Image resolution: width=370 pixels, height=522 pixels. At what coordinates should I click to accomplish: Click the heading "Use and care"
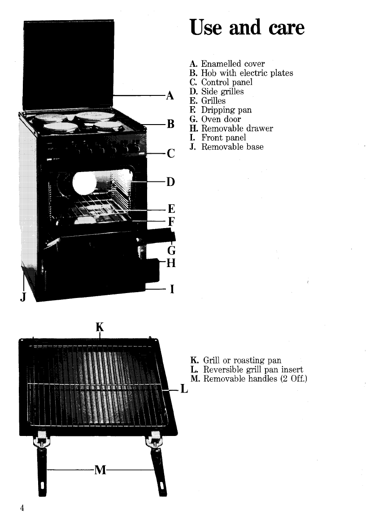click(247, 28)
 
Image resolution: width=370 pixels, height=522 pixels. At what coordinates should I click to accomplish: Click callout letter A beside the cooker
click(170, 95)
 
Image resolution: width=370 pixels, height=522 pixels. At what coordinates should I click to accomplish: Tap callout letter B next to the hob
click(170, 125)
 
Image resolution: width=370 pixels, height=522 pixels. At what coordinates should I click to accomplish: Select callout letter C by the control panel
click(170, 155)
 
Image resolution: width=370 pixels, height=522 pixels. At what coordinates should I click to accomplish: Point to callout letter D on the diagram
click(170, 182)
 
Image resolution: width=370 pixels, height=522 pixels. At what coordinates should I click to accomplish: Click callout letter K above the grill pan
click(100, 325)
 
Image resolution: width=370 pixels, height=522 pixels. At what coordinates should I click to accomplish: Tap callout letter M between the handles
click(100, 470)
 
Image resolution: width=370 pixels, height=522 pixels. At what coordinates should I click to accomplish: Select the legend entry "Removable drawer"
click(237, 129)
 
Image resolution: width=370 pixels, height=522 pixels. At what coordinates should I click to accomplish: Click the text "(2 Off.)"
click(293, 379)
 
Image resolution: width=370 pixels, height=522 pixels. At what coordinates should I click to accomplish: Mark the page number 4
click(22, 508)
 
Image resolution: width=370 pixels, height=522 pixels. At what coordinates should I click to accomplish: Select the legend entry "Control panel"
click(226, 82)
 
